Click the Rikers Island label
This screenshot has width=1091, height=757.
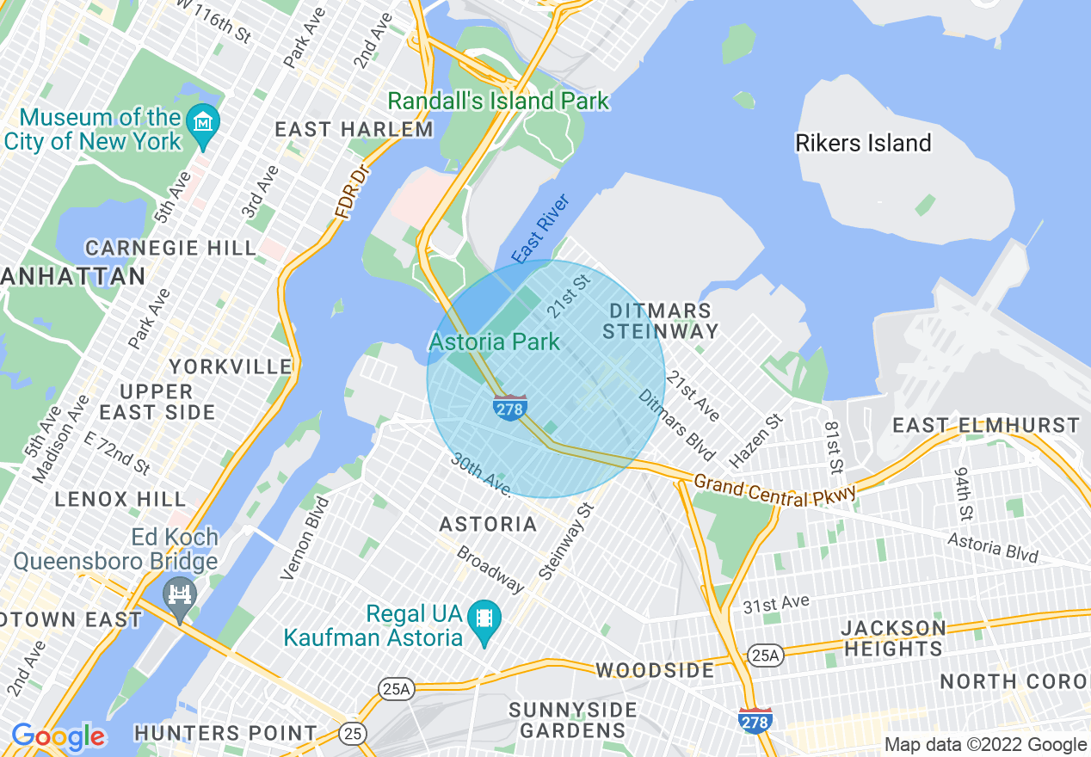(863, 143)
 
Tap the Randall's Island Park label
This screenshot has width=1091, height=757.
(498, 101)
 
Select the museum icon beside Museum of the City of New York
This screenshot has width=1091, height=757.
(204, 120)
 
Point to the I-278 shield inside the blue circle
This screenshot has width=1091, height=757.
(510, 409)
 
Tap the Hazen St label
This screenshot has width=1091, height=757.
(756, 435)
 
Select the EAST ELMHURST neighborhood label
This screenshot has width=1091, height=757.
(985, 425)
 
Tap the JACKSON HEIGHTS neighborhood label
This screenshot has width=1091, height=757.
(894, 637)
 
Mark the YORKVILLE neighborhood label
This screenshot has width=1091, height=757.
(231, 366)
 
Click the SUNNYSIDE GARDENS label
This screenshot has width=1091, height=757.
(572, 720)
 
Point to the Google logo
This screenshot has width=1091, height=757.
(58, 736)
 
